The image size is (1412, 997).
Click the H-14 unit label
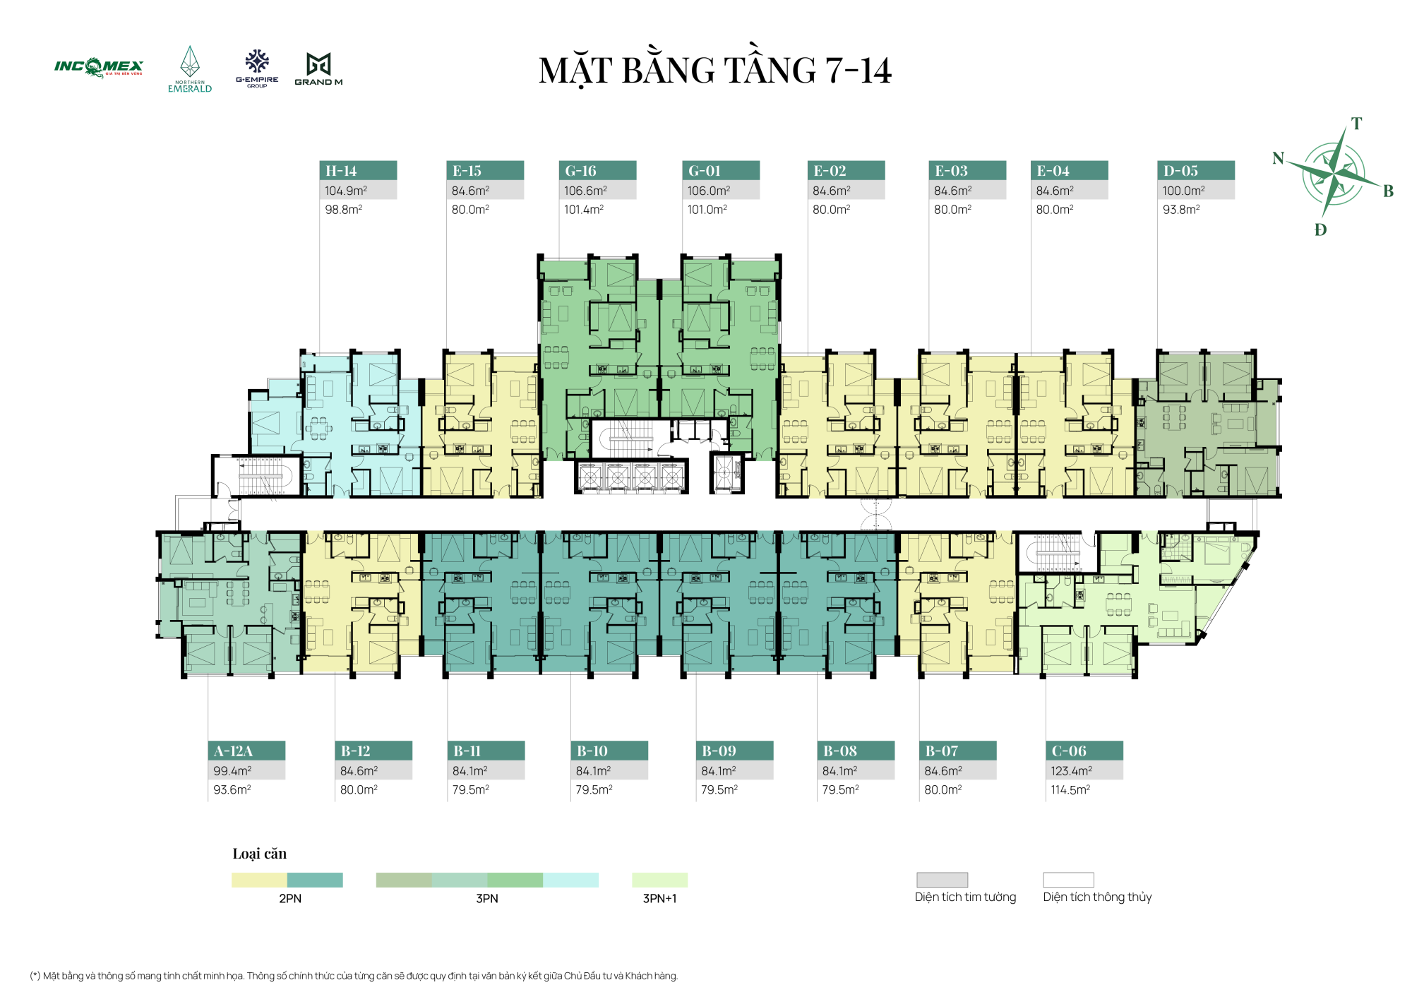tap(341, 171)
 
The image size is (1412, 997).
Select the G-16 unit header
tap(580, 171)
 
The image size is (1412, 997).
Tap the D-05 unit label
tap(1180, 171)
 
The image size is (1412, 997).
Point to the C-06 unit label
tap(1069, 751)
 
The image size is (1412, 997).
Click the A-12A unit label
tap(233, 751)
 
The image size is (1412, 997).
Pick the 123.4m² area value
tap(1071, 771)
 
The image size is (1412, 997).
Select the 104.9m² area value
tap(346, 191)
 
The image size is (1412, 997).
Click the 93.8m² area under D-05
tap(1181, 210)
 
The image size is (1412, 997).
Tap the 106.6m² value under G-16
tap(585, 191)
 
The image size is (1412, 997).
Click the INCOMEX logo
tap(99, 68)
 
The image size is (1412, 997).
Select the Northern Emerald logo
tap(190, 69)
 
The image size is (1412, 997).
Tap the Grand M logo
tap(318, 69)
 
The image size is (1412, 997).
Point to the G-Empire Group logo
tap(257, 68)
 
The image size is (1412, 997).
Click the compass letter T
tap(1356, 124)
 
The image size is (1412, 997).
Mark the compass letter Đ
tap(1320, 229)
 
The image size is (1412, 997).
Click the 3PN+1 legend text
tap(659, 899)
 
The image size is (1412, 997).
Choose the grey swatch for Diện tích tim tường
tap(942, 880)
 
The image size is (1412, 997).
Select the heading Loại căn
tap(260, 854)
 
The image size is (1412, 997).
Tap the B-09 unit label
tap(719, 751)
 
